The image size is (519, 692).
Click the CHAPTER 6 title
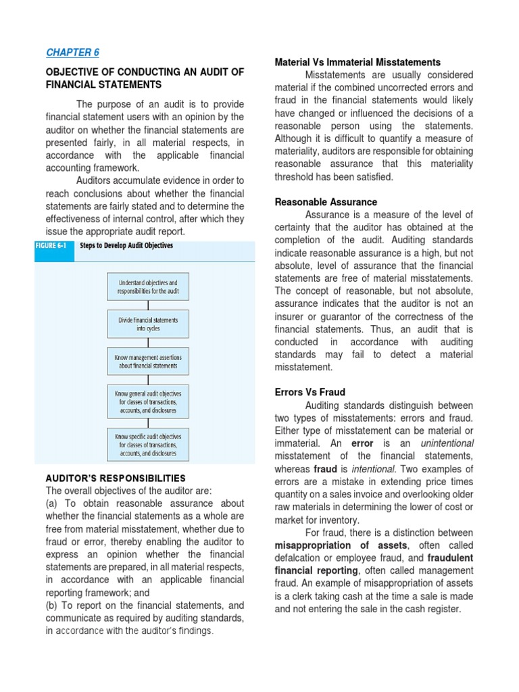tap(72, 53)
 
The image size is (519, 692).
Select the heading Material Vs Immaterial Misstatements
tap(357, 62)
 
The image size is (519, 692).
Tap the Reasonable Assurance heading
tap(326, 202)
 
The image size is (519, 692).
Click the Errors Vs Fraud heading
tap(310, 392)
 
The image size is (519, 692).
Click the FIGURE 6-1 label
tap(51, 246)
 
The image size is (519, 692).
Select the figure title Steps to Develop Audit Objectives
tap(126, 246)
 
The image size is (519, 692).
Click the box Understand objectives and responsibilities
tap(148, 287)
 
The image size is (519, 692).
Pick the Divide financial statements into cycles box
tap(148, 324)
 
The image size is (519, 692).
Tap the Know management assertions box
tap(148, 362)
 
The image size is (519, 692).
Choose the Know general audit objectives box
tap(148, 401)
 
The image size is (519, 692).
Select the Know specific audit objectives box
tap(148, 445)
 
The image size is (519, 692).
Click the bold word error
tap(362, 443)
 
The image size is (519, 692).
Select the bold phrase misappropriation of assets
tap(341, 545)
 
